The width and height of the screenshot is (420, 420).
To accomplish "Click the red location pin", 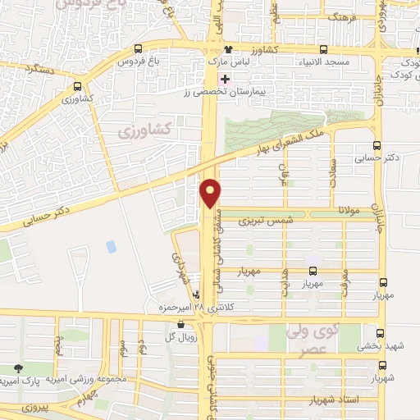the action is pos(211,192).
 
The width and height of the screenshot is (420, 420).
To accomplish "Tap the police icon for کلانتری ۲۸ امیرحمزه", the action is pos(196,294).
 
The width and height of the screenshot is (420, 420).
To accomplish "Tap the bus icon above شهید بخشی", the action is pos(380,333).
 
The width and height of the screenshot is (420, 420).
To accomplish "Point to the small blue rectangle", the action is pos(111,245).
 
